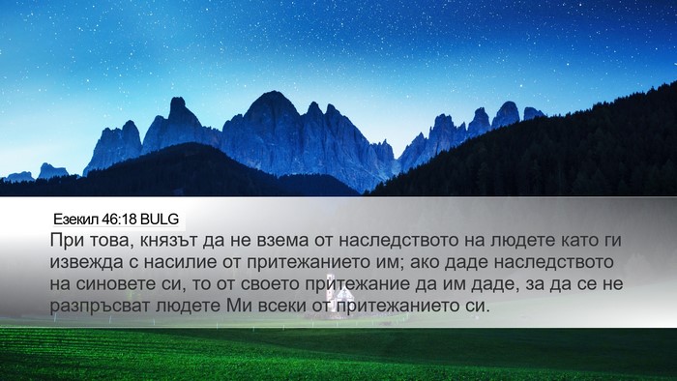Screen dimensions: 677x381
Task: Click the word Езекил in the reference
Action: (76, 220)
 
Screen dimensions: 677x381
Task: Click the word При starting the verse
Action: (66, 240)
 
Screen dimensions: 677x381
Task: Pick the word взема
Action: (282, 241)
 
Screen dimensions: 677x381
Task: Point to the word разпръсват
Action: (100, 307)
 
